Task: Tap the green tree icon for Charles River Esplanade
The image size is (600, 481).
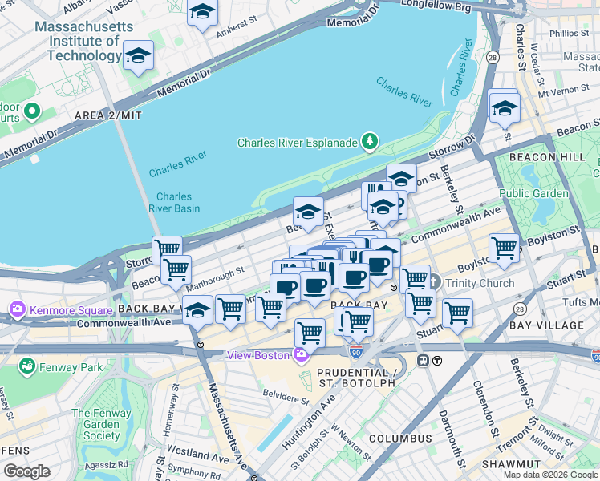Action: tap(370, 143)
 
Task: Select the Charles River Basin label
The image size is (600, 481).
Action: tap(174, 202)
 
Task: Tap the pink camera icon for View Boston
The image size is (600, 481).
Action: tap(302, 355)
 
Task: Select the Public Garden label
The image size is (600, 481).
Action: tap(533, 193)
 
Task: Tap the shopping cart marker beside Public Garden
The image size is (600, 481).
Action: tap(504, 249)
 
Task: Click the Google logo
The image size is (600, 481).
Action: tap(26, 471)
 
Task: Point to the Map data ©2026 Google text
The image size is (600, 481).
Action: tap(549, 475)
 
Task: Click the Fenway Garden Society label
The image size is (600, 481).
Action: tap(95, 424)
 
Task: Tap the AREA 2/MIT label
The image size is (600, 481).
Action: tap(107, 115)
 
